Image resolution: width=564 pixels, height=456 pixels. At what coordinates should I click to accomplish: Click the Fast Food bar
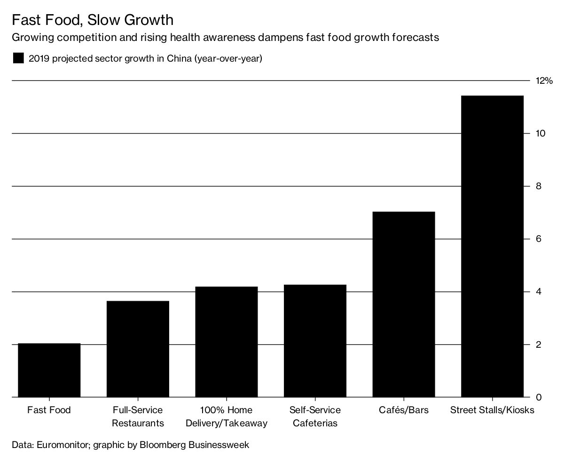[49, 370]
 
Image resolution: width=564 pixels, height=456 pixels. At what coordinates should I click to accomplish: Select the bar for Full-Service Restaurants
[138, 349]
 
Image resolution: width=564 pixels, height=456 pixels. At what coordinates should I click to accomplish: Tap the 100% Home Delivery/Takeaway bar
[227, 342]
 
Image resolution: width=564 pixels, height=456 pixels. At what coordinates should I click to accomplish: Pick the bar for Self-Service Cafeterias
[315, 341]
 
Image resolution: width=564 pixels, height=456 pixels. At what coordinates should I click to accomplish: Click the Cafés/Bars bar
[404, 304]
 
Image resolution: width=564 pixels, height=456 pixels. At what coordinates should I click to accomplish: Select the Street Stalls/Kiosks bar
[492, 247]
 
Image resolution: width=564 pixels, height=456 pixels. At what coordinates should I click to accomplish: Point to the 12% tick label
[544, 81]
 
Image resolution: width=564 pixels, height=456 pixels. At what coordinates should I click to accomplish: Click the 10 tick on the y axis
[540, 134]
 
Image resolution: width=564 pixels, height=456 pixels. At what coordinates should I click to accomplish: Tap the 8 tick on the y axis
[539, 186]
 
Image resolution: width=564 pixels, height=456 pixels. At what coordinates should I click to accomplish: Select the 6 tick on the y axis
[539, 239]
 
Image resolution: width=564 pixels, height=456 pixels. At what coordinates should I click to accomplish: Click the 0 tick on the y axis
[539, 398]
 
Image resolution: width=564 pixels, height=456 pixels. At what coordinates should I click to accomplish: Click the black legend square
[18, 58]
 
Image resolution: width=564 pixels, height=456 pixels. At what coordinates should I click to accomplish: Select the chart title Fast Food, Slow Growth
[92, 20]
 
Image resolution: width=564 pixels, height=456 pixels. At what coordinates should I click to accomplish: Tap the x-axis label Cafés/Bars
[404, 410]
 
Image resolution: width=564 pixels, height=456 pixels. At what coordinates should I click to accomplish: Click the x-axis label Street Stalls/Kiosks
[492, 410]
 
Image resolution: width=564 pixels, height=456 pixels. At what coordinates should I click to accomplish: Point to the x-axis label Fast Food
[49, 410]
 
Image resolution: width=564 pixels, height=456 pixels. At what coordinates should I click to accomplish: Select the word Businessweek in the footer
[220, 444]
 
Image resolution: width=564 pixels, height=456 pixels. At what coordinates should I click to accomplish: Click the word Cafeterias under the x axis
[315, 423]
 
